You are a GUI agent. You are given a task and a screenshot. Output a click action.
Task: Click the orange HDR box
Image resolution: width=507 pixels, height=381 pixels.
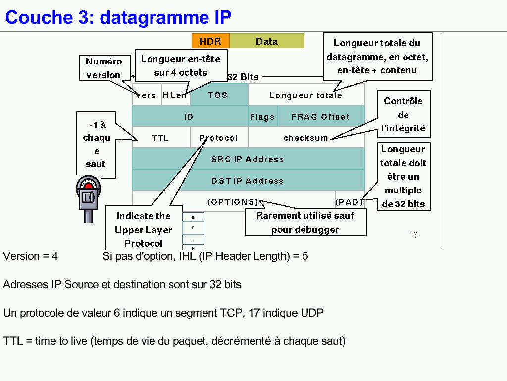click(x=210, y=41)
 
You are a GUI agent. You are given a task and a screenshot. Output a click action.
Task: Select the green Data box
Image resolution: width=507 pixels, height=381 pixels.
click(x=267, y=41)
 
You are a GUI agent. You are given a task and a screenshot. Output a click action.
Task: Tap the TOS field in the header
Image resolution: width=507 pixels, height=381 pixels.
click(x=218, y=95)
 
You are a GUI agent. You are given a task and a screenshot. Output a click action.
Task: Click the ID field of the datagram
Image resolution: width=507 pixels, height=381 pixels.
click(x=190, y=117)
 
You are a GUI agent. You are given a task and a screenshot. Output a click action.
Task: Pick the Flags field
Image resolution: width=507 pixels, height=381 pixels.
click(x=262, y=117)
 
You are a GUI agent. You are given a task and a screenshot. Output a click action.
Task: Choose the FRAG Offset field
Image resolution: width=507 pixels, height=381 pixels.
click(x=320, y=117)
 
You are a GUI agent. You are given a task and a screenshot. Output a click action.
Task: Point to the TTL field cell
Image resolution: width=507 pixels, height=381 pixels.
click(x=160, y=138)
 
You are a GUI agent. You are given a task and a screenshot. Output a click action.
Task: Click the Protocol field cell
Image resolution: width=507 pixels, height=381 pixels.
click(x=219, y=138)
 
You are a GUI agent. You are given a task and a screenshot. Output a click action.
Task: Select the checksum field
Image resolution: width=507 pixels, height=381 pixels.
click(x=306, y=138)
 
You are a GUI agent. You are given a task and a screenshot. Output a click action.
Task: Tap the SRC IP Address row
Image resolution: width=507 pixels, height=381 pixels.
click(x=248, y=159)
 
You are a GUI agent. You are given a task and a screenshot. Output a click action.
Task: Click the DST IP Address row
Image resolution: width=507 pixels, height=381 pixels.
click(x=248, y=181)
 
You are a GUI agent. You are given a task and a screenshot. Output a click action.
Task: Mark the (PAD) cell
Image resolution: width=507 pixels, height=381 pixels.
click(x=349, y=202)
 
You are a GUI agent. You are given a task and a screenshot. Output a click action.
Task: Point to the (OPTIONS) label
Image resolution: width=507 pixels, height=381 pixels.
click(x=233, y=202)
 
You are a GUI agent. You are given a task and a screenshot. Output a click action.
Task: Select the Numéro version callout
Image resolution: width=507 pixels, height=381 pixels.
click(x=103, y=68)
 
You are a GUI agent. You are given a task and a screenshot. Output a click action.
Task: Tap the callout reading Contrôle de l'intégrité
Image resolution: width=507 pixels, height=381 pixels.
click(x=404, y=115)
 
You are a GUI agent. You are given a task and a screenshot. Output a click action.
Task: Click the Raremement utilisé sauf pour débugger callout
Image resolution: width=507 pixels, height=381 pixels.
click(x=305, y=222)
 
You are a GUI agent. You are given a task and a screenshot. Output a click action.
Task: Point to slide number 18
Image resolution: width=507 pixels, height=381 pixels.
click(x=414, y=235)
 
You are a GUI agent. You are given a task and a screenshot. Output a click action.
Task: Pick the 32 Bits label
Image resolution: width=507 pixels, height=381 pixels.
click(x=243, y=77)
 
